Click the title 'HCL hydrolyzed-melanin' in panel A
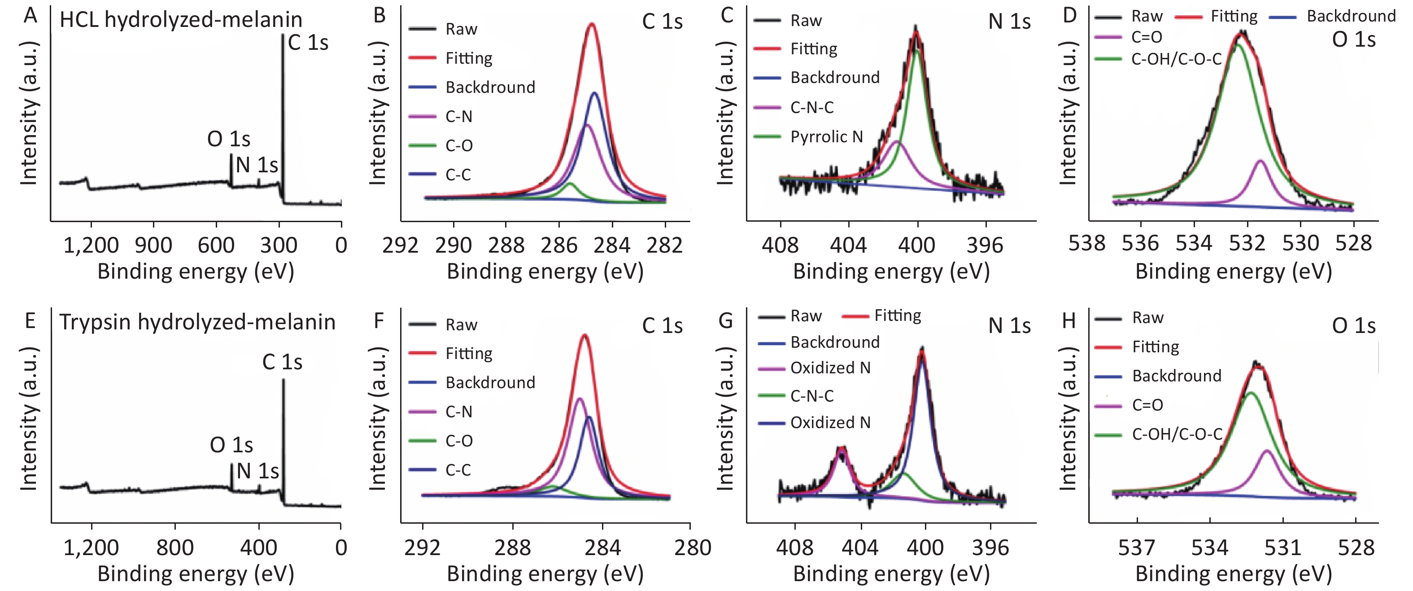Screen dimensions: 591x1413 tap(181, 20)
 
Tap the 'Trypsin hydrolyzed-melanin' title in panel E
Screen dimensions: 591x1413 tap(197, 322)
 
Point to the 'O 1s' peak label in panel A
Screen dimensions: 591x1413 tap(229, 140)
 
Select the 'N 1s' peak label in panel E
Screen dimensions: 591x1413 tap(257, 471)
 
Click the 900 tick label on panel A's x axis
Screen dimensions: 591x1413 tap(153, 245)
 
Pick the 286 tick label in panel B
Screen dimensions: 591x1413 tap(559, 245)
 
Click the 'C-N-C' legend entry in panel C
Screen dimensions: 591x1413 tap(812, 108)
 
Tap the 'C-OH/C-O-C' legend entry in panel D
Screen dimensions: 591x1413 tap(1176, 59)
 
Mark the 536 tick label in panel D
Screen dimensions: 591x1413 tap(1140, 243)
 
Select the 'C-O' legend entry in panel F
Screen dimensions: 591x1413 tap(458, 441)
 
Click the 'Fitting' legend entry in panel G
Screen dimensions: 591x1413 tap(898, 315)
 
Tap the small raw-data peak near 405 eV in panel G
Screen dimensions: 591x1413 tap(841, 449)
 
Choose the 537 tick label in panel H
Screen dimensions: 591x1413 tap(1137, 547)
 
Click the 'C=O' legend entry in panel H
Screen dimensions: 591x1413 tap(1147, 405)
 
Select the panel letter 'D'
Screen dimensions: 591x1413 tap(1070, 15)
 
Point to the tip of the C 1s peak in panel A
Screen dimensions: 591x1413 tap(283, 35)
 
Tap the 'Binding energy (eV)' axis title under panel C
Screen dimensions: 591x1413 tap(891, 271)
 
